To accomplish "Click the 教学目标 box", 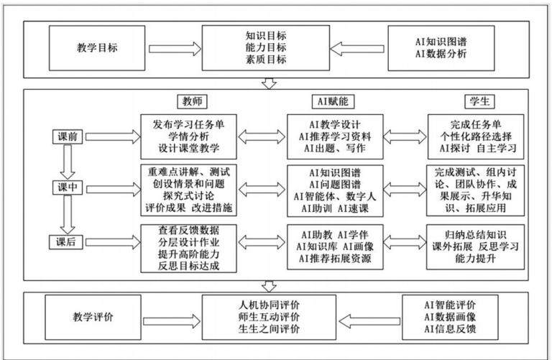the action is coord(97,48).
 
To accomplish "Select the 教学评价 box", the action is coord(93,317).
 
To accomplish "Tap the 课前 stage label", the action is coord(68,137).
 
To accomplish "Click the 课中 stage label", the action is coord(68,188).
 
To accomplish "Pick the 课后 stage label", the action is coord(66,242).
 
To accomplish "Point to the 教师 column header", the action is coord(192,101).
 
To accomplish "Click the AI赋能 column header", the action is coord(333,101).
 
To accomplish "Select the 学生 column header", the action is coord(479,101).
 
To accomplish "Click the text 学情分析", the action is coord(189,137).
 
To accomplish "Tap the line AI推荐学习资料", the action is coord(335,137).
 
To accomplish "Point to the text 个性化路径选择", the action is coord(476,137).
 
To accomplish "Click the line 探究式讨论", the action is coord(189,195).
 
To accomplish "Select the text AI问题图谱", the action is coord(335,185).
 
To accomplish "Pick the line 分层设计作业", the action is coord(189,242).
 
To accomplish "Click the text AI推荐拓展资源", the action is coord(335,259).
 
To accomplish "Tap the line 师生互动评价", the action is coord(269,317).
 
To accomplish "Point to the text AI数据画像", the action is coord(450,317).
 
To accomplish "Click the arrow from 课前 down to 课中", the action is coord(68,162).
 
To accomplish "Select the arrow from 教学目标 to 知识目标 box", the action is coord(175,49).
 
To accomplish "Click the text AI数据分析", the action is coord(441,53).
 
